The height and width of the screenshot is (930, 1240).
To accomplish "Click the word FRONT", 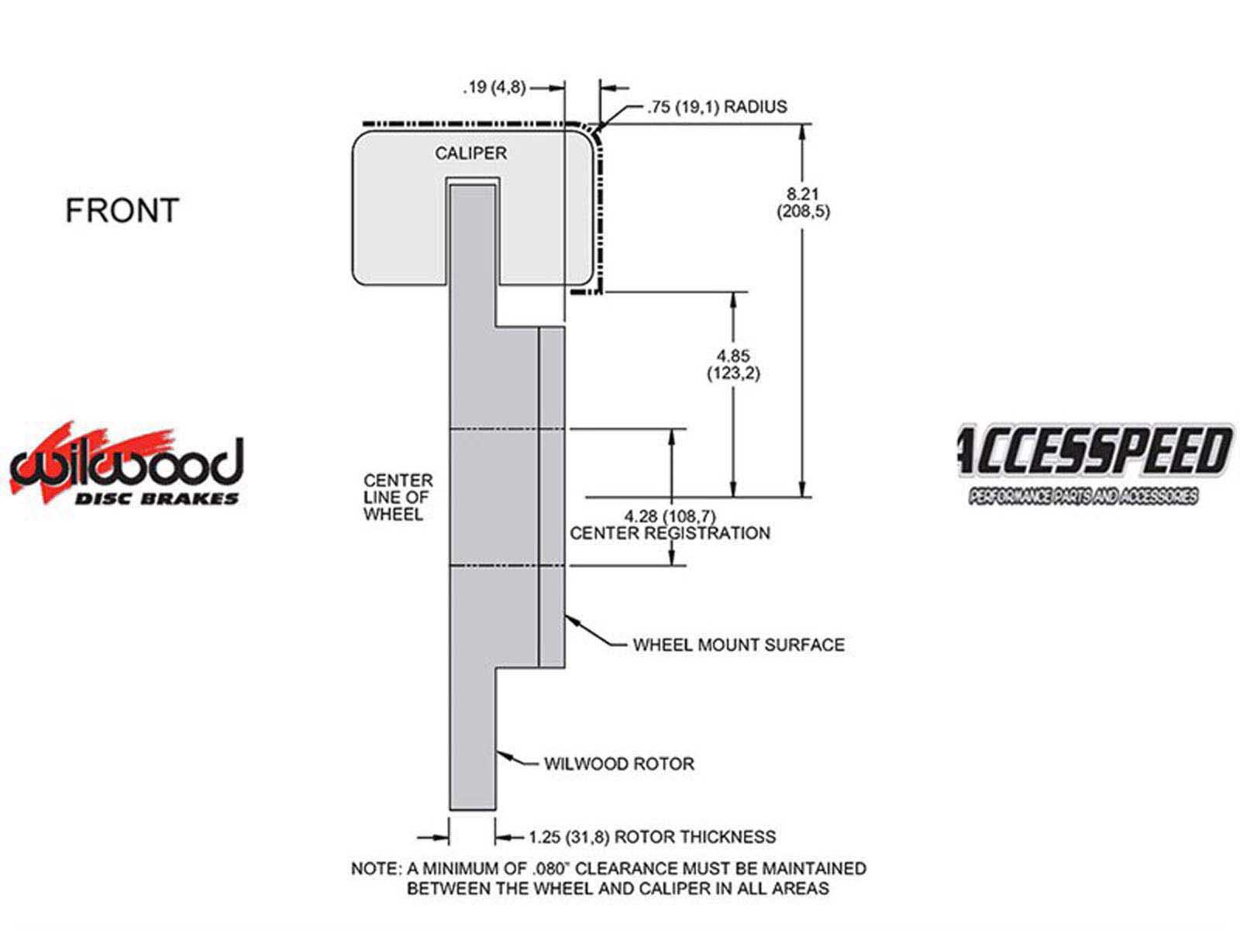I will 122,211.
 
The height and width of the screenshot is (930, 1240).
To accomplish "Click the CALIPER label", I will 470,153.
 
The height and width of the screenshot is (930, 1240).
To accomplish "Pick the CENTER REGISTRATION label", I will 670,533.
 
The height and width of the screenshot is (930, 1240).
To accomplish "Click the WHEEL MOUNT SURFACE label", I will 738,645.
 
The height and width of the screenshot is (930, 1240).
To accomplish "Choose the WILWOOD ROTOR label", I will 618,764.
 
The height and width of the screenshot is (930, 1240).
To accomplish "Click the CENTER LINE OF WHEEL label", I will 398,498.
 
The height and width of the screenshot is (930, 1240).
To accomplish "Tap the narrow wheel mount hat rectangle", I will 552,497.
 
